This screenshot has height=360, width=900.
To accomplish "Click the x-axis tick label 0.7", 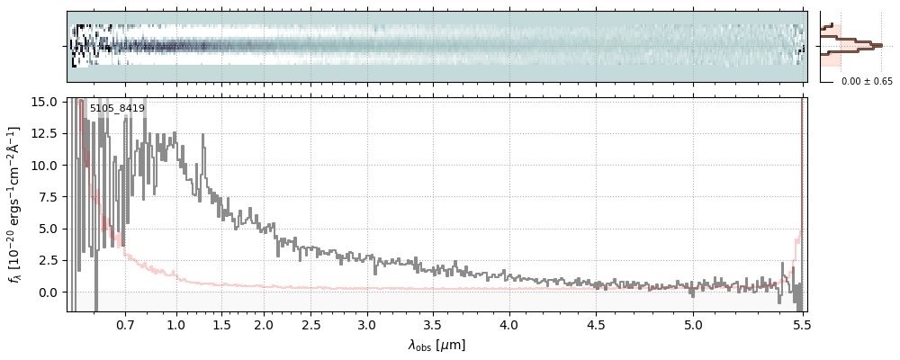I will [x=125, y=325].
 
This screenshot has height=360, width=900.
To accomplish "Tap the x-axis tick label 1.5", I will [x=221, y=325].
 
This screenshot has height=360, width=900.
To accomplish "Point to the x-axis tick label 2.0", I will [x=263, y=325].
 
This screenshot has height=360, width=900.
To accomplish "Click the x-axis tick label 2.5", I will [x=311, y=325].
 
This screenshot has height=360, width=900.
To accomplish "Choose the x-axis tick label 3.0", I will [x=366, y=325].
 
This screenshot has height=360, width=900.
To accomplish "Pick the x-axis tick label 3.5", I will [x=435, y=325].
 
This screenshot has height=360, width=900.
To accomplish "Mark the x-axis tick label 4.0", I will [x=509, y=325].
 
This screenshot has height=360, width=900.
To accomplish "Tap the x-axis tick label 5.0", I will [x=693, y=325].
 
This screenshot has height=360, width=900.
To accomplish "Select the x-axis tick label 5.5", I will [x=801, y=325].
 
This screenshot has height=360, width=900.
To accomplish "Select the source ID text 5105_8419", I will [x=117, y=108].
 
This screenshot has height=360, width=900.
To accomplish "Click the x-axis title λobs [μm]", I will [x=436, y=345].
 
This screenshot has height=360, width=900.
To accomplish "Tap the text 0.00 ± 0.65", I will [x=867, y=81].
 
